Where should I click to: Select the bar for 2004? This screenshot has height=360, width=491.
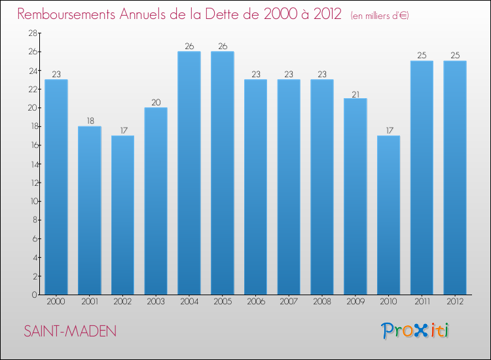189,173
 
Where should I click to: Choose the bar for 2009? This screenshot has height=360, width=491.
355,196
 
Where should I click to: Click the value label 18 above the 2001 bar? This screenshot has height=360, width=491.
90,121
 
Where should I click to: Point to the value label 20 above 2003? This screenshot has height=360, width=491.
156,102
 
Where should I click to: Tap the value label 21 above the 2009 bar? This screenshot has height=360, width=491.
355,93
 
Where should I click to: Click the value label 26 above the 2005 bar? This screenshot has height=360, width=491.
223,46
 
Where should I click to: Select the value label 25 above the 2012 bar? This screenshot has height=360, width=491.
454,56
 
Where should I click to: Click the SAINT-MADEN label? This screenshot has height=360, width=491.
70,331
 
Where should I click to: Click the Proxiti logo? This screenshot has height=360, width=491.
416,331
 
